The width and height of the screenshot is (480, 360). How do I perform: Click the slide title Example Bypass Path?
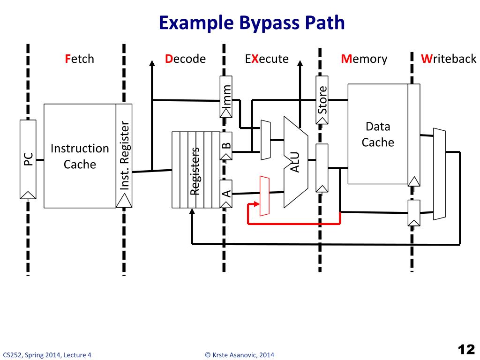pyautogui.click(x=251, y=22)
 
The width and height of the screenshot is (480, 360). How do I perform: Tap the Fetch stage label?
pyautogui.click(x=79, y=59)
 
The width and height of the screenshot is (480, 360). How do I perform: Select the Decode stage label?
pyautogui.click(x=185, y=59)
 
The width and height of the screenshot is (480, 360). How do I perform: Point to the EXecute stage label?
pyautogui.click(x=266, y=59)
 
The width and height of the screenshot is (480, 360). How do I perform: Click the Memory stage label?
pyautogui.click(x=364, y=59)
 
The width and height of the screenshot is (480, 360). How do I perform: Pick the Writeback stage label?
pyautogui.click(x=448, y=59)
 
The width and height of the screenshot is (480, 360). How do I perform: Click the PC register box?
pyautogui.click(x=28, y=159)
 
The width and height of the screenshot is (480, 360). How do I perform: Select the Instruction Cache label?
pyautogui.click(x=80, y=157)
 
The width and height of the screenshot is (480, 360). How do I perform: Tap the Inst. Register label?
pyautogui.click(x=124, y=156)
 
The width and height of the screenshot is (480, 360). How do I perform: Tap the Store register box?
pyautogui.click(x=322, y=104)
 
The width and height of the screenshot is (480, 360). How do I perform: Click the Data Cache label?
pyautogui.click(x=378, y=135)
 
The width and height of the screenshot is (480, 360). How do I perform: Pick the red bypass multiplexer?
pyautogui.click(x=264, y=196)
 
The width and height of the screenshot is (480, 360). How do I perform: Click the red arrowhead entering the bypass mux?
pyautogui.click(x=256, y=204)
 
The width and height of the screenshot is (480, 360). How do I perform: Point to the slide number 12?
pyautogui.click(x=466, y=349)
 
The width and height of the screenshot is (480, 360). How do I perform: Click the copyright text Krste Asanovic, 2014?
pyautogui.click(x=240, y=355)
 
